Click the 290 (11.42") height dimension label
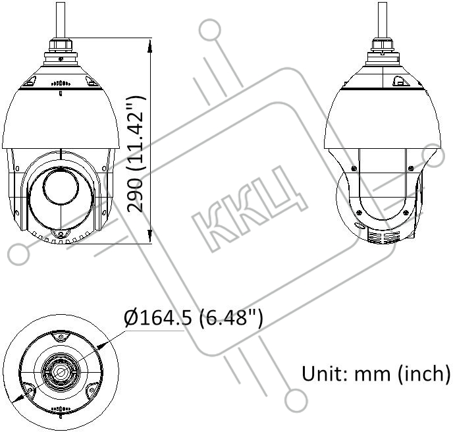coord(135,154)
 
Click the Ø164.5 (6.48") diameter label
coord(194,319)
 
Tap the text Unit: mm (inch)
coord(376,373)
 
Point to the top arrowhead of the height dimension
coord(149,46)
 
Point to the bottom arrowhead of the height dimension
coord(149,236)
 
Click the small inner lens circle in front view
coord(61,186)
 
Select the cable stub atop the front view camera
coord(61,20)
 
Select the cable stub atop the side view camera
coord(383,20)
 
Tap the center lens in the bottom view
coord(61,371)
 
